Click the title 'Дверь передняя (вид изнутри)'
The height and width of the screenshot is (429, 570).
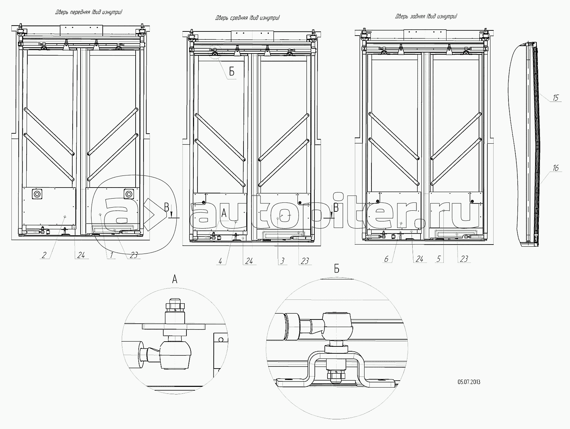click(x=89, y=12)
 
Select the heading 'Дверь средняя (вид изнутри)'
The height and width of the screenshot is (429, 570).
click(x=248, y=18)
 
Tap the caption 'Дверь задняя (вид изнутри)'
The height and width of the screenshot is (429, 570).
click(x=426, y=16)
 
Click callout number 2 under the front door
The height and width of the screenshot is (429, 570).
click(x=44, y=255)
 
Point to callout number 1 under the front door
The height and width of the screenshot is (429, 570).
click(x=111, y=255)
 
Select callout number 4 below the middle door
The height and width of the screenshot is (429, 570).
click(x=220, y=261)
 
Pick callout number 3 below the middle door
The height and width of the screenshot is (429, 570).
click(x=283, y=261)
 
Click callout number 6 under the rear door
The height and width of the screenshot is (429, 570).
click(x=386, y=259)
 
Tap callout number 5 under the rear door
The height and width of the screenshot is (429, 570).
click(x=439, y=259)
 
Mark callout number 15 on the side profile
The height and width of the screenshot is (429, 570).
click(x=555, y=98)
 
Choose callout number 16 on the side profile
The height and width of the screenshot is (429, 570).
click(x=555, y=168)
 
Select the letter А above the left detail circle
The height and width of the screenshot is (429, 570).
click(x=175, y=279)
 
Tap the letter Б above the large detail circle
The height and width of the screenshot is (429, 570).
click(x=337, y=269)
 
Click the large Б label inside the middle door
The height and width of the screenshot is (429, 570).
click(x=232, y=71)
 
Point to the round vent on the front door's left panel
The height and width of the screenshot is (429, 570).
click(x=36, y=194)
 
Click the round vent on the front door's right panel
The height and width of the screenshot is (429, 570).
click(x=129, y=194)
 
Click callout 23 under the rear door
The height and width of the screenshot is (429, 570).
click(x=464, y=259)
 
